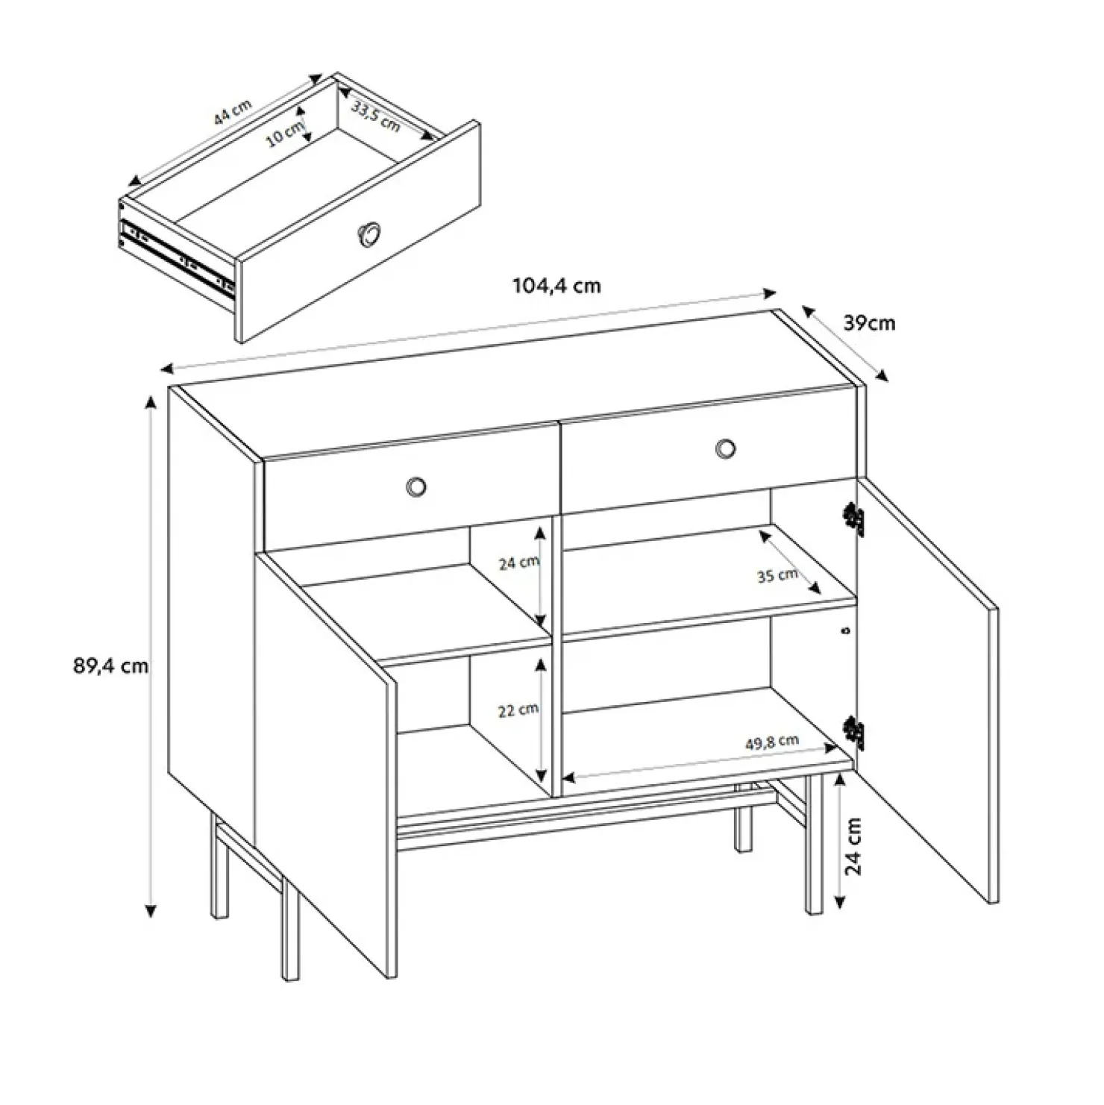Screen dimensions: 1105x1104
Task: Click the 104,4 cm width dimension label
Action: pyautogui.click(x=556, y=286)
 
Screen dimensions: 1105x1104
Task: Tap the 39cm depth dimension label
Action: pyautogui.click(x=869, y=323)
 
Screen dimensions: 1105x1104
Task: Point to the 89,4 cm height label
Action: pyautogui.click(x=110, y=666)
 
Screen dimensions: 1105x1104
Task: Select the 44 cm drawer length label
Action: pyautogui.click(x=232, y=113)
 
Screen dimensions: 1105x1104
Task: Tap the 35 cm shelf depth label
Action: pyautogui.click(x=777, y=575)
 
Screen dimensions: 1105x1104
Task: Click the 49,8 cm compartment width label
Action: pyautogui.click(x=772, y=742)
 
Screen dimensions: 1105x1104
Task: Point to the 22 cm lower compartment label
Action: pyautogui.click(x=518, y=710)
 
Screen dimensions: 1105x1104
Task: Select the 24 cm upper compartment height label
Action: pyautogui.click(x=518, y=563)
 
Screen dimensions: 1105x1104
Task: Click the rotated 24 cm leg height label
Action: pyautogui.click(x=855, y=846)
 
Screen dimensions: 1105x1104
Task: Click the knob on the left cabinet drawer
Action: pyautogui.click(x=415, y=486)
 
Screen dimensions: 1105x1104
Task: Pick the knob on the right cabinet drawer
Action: pyautogui.click(x=725, y=448)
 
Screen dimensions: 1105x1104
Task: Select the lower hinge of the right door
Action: pyautogui.click(x=853, y=733)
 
